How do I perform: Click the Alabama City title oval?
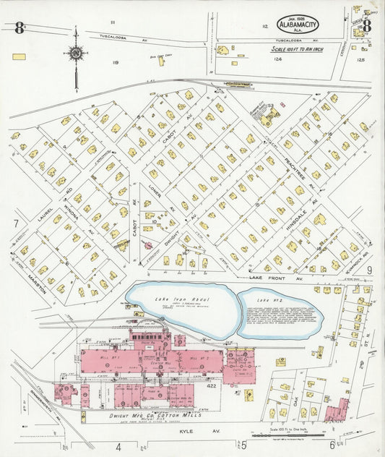pos(298,25)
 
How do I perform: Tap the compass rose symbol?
pos(75,53)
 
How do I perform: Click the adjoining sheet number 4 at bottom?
pos(118,446)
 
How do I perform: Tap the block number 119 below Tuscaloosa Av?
pos(115,63)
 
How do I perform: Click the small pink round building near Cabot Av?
pos(150,244)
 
